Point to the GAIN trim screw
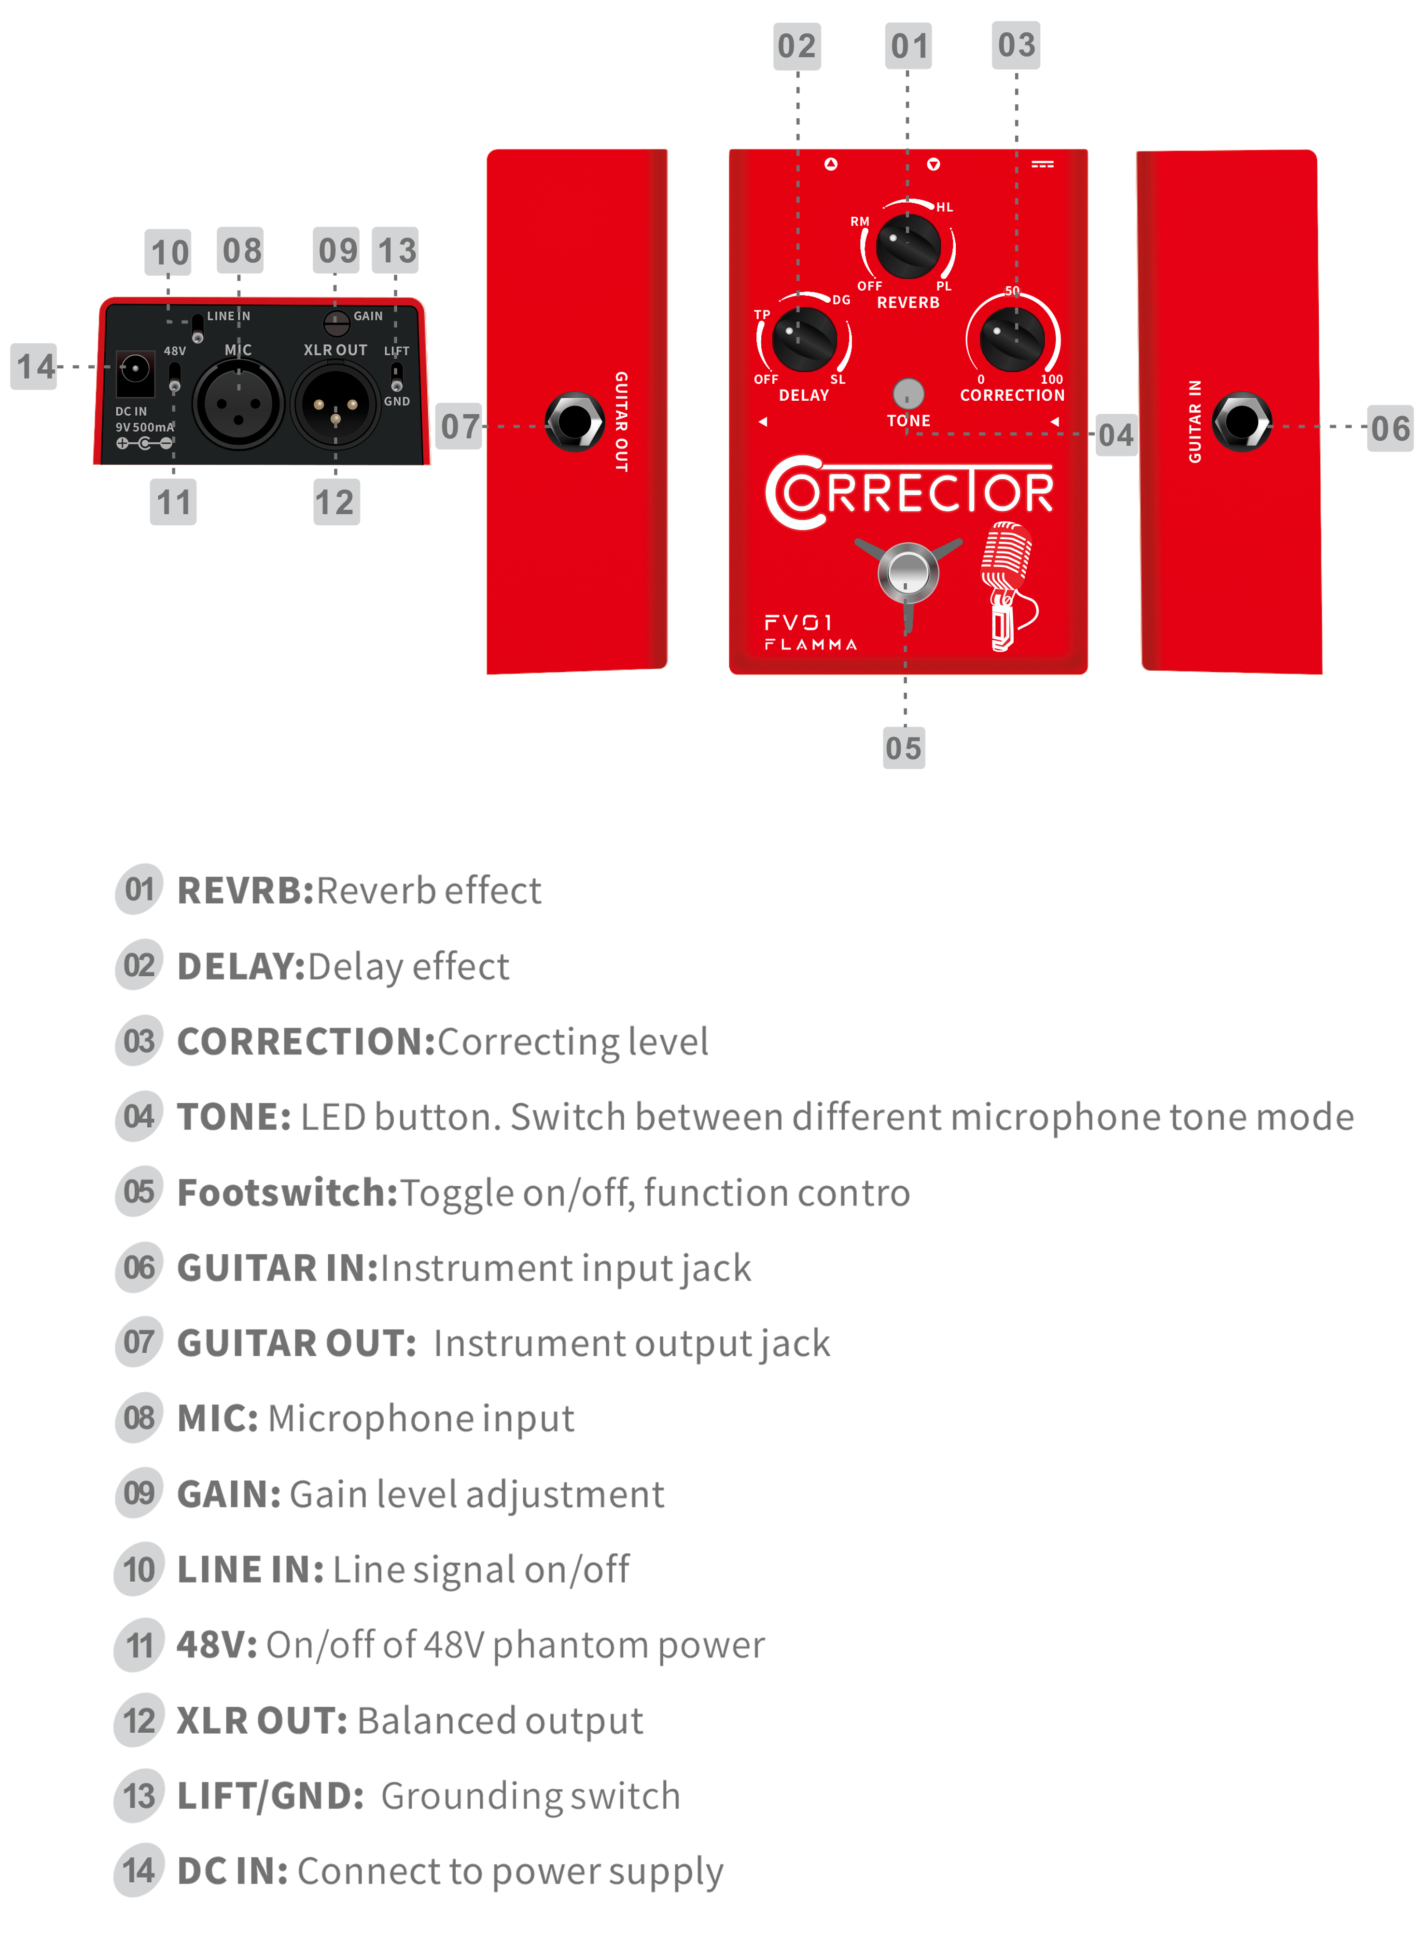(x=335, y=323)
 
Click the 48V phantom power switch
(x=175, y=377)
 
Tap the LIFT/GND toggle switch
(x=396, y=377)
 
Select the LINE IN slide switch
(x=197, y=328)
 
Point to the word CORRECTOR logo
(x=909, y=492)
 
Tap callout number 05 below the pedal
(x=903, y=747)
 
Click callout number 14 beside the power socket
(x=35, y=367)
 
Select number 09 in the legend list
(x=139, y=1492)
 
